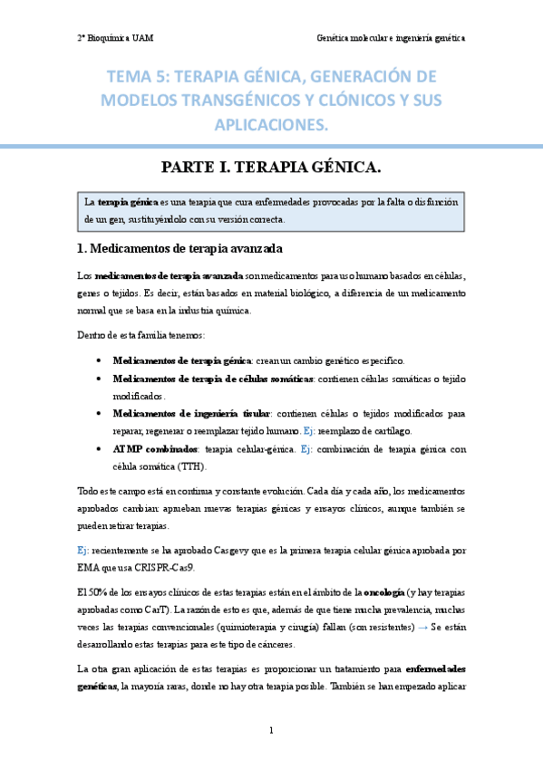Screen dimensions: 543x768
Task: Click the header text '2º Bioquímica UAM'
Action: tap(115, 38)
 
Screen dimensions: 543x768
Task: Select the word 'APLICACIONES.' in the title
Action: tap(271, 122)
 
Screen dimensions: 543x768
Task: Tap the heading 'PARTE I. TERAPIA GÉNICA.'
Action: tap(271, 167)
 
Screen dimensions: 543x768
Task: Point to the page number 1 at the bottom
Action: tap(271, 730)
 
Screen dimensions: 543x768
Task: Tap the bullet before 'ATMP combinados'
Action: tap(98, 449)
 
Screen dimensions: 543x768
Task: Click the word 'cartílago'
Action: tap(390, 431)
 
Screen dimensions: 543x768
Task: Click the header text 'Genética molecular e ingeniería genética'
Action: tap(391, 38)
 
